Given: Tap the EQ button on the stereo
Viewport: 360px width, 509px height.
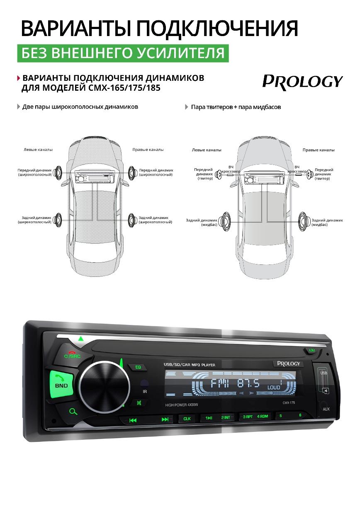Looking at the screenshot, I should (139, 367).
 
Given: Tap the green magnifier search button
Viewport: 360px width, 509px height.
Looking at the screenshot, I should (74, 412).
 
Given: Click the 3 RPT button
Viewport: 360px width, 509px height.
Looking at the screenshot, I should (248, 417).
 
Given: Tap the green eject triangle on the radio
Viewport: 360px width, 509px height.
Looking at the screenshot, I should (81, 339).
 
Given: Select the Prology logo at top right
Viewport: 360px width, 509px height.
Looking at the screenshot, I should (302, 81).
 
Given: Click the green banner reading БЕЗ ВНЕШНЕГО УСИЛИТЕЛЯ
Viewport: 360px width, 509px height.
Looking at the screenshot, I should (123, 53).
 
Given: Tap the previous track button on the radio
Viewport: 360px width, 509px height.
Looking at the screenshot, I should (133, 420).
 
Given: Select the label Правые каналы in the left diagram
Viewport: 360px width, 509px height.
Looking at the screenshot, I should (148, 150).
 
